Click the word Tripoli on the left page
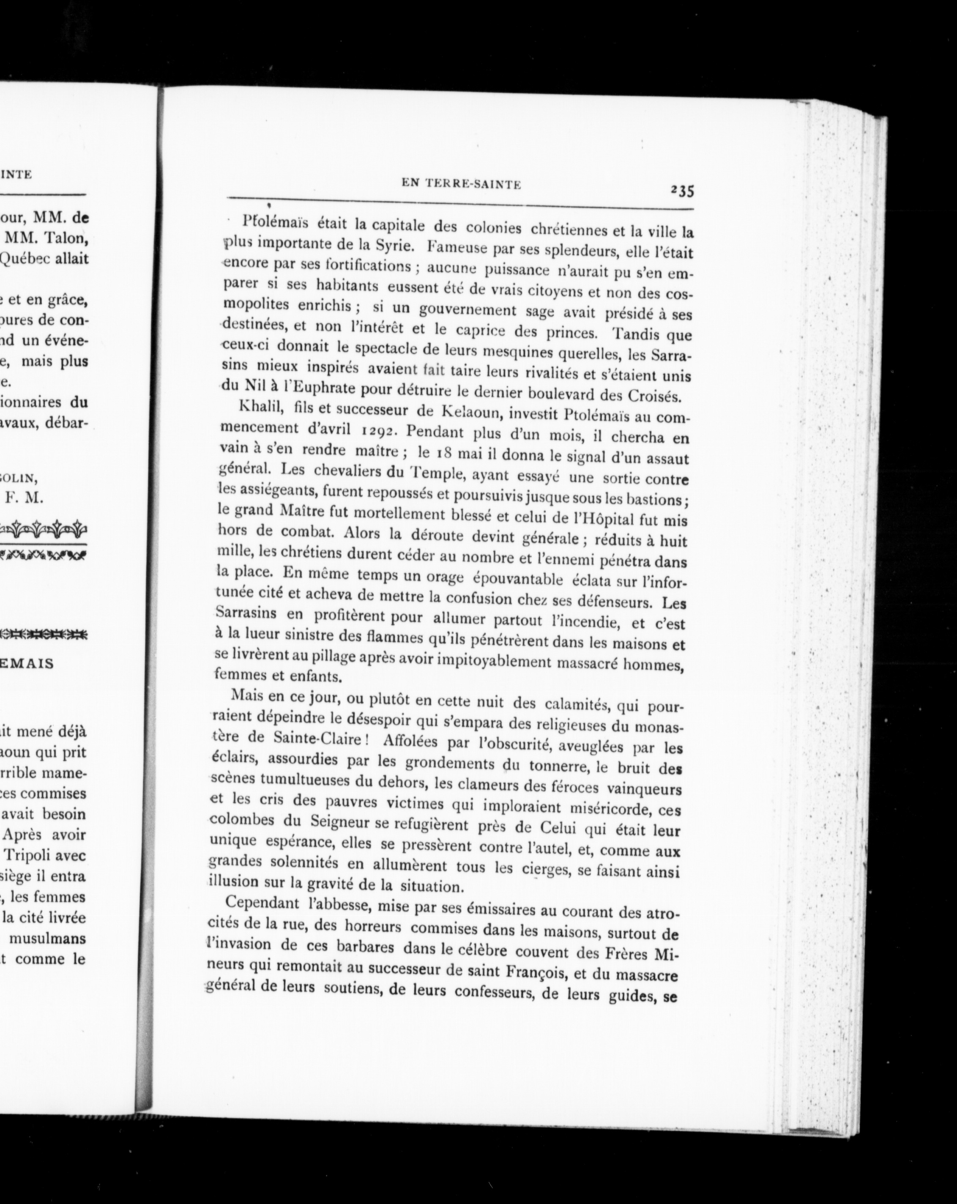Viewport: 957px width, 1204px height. [36, 855]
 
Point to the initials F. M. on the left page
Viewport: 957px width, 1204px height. [23, 498]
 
